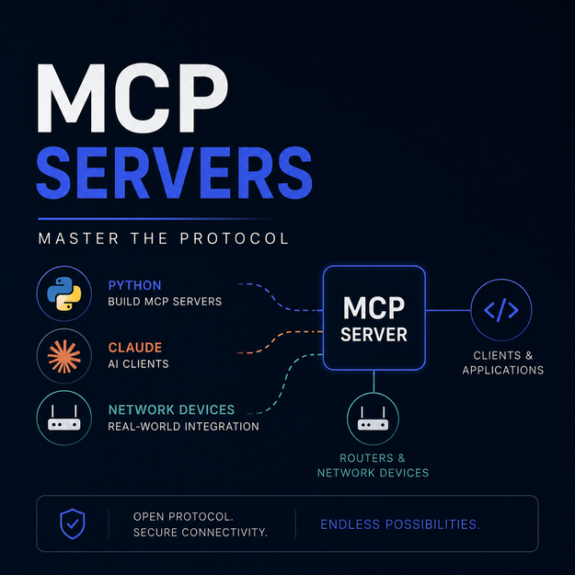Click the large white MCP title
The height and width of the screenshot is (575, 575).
[x=132, y=98]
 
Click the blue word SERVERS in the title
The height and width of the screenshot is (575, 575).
[x=174, y=172]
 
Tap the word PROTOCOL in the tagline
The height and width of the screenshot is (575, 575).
[x=235, y=238]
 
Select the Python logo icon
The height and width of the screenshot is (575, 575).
[x=64, y=293]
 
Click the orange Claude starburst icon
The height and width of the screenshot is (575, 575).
[x=64, y=356]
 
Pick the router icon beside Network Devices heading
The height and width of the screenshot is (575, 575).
[x=64, y=418]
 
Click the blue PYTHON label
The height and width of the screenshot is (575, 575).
[x=134, y=285]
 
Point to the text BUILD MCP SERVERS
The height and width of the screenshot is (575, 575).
[x=165, y=302]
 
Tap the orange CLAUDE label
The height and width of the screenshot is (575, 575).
[x=135, y=348]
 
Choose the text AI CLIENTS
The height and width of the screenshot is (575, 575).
[x=138, y=363]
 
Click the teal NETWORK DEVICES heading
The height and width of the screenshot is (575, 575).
[x=171, y=409]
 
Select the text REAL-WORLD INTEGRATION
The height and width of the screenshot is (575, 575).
[x=183, y=427]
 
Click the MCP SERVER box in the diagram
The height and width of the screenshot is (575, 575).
[x=374, y=317]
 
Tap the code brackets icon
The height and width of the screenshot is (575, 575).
[x=501, y=310]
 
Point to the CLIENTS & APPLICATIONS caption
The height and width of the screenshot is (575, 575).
[x=502, y=362]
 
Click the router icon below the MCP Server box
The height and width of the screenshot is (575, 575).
[x=373, y=419]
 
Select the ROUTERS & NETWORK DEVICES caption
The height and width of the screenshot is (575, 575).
[x=373, y=466]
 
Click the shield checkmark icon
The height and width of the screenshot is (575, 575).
[x=73, y=523]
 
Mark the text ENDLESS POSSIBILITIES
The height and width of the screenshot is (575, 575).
[x=400, y=524]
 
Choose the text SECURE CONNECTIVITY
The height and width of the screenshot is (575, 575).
[x=201, y=532]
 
